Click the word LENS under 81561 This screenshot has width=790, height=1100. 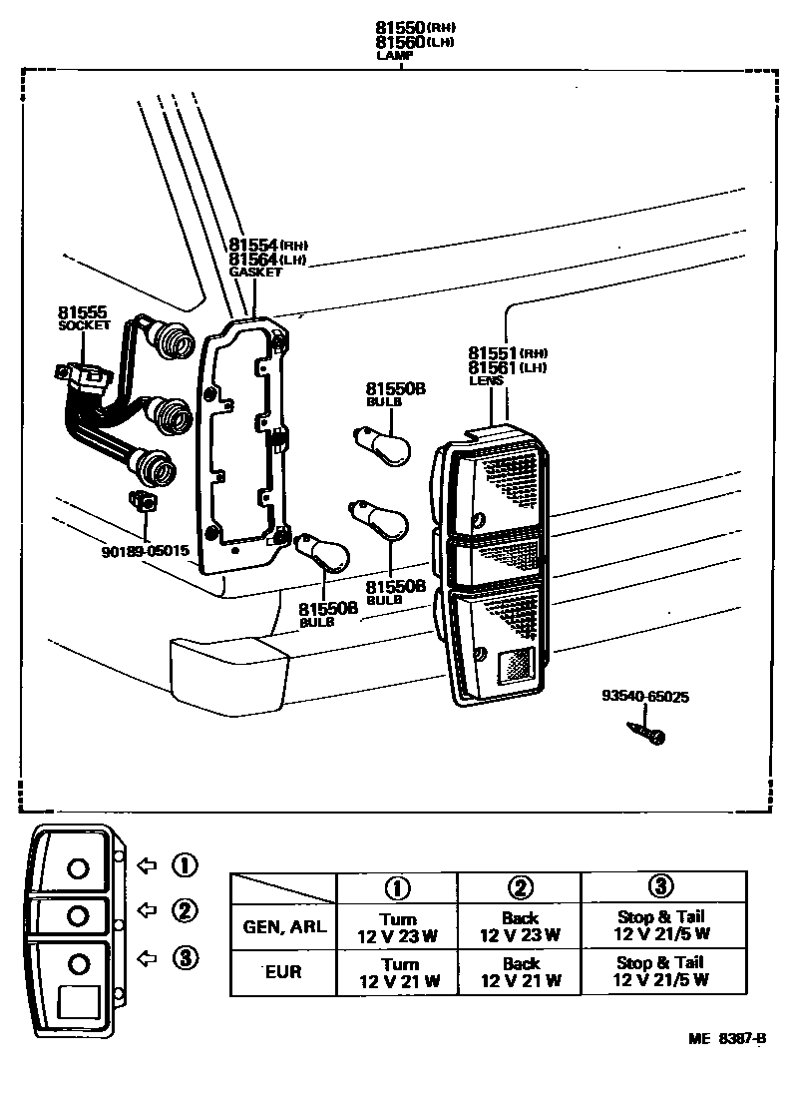pyautogui.click(x=486, y=380)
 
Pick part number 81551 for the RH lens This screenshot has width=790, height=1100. pyautogui.click(x=493, y=353)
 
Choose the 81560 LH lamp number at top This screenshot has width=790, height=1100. pyautogui.click(x=400, y=42)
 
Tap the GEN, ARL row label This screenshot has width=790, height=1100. pyautogui.click(x=284, y=926)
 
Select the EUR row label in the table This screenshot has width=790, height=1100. pyautogui.click(x=284, y=971)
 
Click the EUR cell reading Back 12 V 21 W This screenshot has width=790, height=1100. pyautogui.click(x=520, y=972)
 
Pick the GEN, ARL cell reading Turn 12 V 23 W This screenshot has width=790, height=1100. pyautogui.click(x=398, y=927)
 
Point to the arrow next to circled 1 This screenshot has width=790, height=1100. pyautogui.click(x=148, y=864)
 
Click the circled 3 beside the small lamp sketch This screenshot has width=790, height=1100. pyautogui.click(x=184, y=957)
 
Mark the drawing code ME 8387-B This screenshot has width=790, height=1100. pyautogui.click(x=726, y=1038)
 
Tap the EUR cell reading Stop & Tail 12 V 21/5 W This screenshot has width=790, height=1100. pyautogui.click(x=663, y=972)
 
